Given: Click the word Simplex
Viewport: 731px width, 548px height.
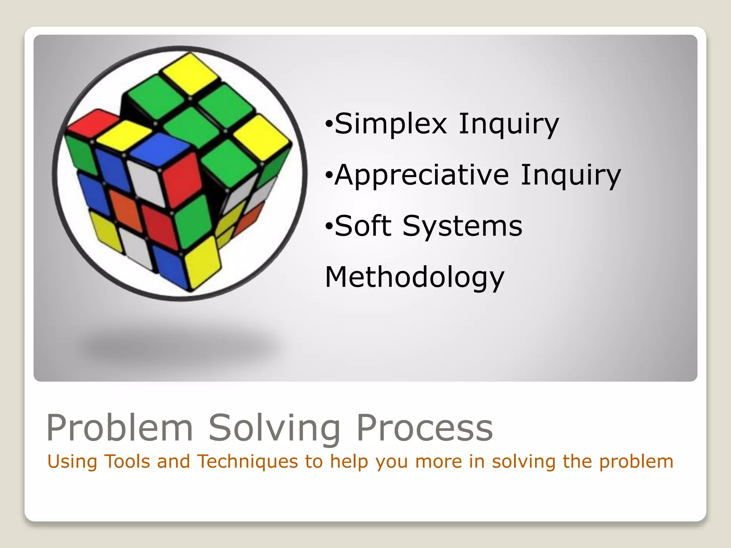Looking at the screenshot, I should [390, 124].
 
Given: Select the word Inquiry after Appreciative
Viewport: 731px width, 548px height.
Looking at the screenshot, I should [570, 175].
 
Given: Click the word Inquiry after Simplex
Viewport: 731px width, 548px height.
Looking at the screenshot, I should [508, 124].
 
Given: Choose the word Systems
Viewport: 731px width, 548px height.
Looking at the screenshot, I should [462, 226].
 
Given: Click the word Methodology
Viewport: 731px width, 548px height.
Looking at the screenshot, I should [414, 278].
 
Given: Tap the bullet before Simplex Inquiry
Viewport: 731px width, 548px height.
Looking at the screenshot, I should [329, 125].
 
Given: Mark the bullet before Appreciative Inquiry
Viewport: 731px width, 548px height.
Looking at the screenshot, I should [329, 176].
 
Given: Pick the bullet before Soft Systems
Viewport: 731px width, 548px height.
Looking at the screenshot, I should [329, 226].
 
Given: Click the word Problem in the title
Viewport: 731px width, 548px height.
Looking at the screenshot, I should [120, 428].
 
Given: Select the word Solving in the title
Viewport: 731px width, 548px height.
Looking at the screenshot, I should [274, 428].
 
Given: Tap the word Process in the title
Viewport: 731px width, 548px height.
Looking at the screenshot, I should [425, 428].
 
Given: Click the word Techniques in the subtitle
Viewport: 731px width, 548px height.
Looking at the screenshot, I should [247, 461].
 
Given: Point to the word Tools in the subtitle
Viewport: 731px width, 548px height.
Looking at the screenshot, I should [127, 461].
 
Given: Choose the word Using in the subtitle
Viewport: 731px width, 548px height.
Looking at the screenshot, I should [72, 461].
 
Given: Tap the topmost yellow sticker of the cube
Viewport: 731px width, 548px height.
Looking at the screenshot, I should [190, 70].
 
